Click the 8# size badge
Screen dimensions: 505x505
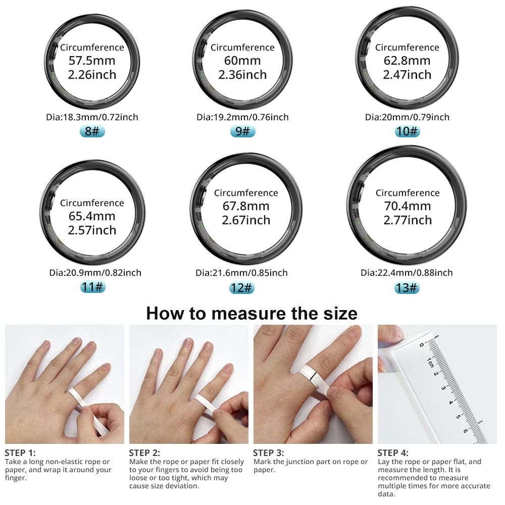pos(92,132)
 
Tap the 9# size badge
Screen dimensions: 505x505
pos(242,132)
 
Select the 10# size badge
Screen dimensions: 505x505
pos(407,132)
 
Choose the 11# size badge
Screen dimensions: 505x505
pos(92,287)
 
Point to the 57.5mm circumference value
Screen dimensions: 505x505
pos(92,61)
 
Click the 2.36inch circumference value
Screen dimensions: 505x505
pos(242,75)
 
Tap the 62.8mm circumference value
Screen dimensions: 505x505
pos(407,61)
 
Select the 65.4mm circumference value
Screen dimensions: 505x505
pos(92,216)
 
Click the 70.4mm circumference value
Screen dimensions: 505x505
pos(407,206)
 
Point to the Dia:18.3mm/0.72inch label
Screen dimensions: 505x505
pos(92,117)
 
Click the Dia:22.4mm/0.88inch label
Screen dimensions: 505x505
pos(407,273)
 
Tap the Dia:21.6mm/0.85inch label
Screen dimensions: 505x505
pos(241,273)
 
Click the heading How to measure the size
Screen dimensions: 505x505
pos(251,313)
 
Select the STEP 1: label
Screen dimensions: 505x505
pos(20,453)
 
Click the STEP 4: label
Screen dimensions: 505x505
pos(393,453)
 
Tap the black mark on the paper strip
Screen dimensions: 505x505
pos(313,375)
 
